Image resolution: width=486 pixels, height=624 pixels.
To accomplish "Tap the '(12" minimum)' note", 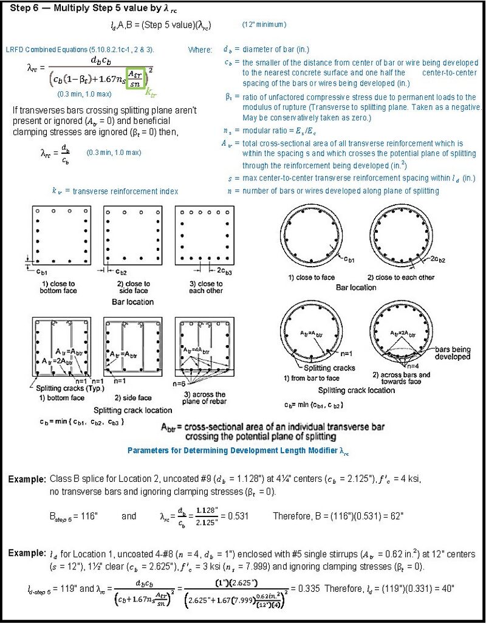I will point(264,25).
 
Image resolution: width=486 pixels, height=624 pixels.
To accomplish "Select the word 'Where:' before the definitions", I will point(200,50).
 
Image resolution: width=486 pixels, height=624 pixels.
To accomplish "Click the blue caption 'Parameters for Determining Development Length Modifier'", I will point(238,451).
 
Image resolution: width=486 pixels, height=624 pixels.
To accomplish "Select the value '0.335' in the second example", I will point(304,588).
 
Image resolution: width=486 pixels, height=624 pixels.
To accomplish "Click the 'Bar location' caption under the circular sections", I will point(356,287).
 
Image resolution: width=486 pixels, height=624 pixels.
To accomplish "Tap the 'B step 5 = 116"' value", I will point(74,516).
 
